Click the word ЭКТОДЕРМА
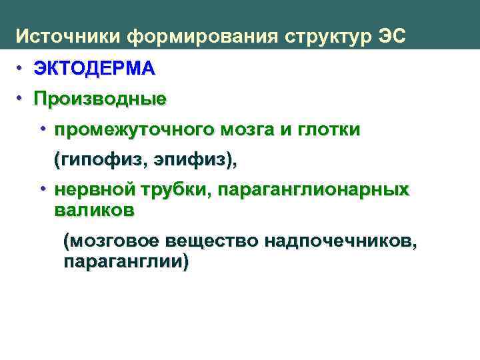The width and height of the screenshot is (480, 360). tap(95, 68)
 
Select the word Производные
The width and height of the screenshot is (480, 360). tap(101, 99)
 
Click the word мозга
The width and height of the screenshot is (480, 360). tap(243, 131)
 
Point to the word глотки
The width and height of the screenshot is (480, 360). tap(326, 131)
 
